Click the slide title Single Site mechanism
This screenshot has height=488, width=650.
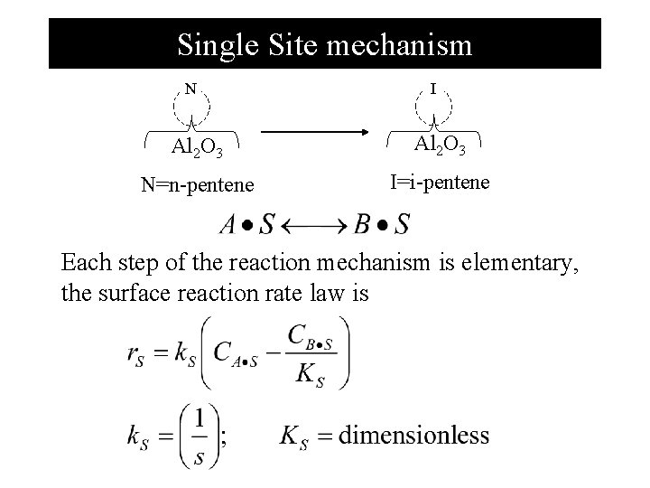pyautogui.click(x=324, y=43)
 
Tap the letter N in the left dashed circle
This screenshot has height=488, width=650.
pyautogui.click(x=190, y=89)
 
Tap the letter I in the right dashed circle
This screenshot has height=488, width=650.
pyautogui.click(x=434, y=89)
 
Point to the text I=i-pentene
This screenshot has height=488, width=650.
pyautogui.click(x=440, y=182)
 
